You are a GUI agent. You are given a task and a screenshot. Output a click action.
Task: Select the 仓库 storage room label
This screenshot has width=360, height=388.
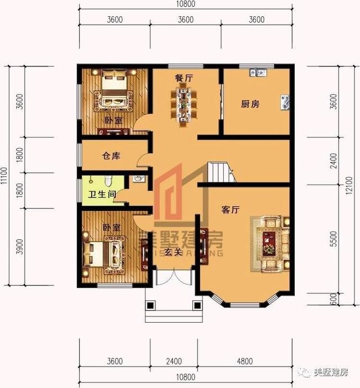point(111,156)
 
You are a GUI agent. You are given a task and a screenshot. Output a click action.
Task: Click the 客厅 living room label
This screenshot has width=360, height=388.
point(231,210)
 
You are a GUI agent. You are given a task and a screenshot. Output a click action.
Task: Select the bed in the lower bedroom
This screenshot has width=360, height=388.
point(104,253)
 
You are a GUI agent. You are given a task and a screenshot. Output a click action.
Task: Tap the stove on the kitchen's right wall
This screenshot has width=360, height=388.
point(285,102)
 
